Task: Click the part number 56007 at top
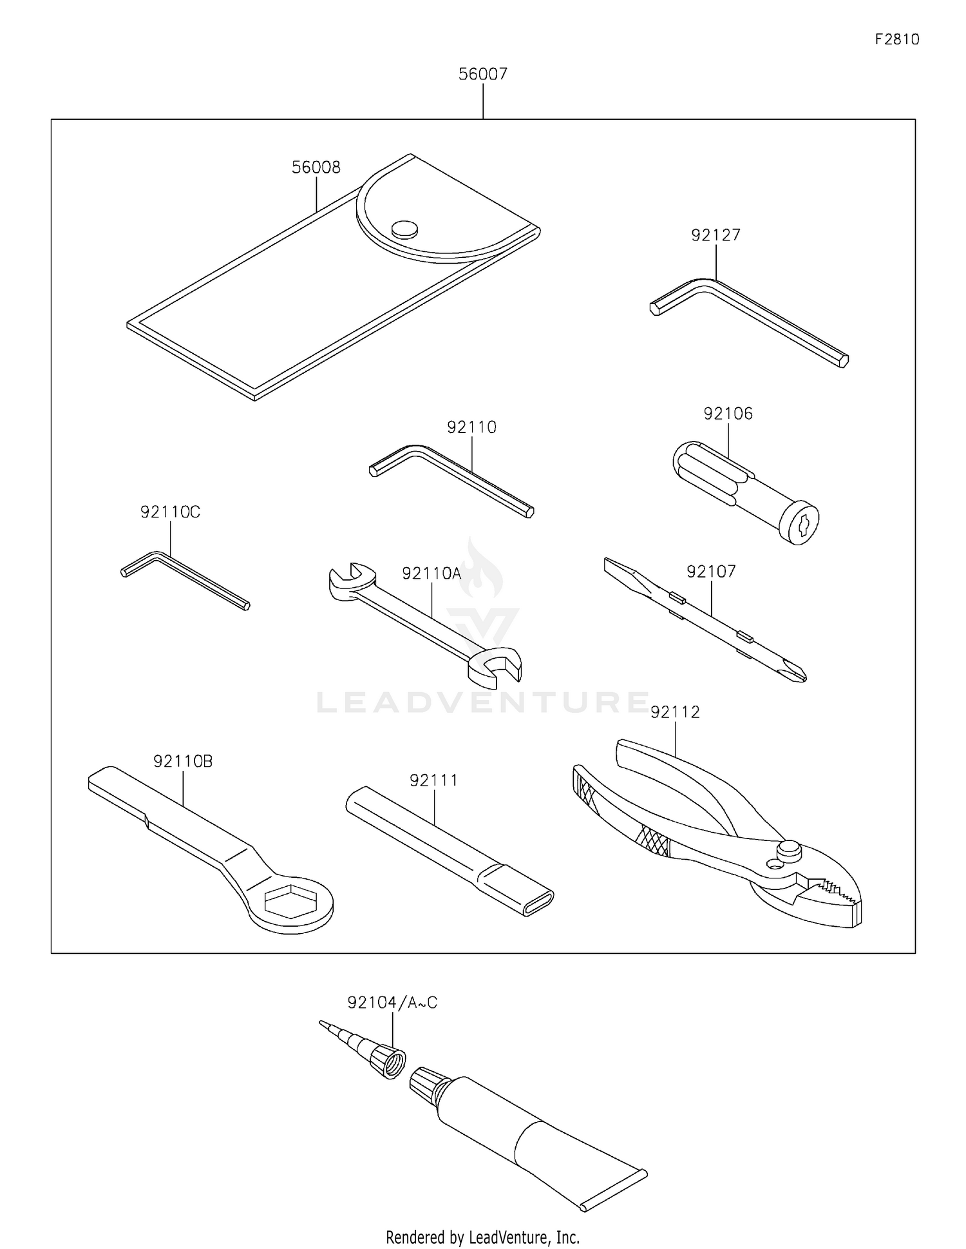[x=482, y=74]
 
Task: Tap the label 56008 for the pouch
[x=316, y=168]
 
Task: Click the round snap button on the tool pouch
[x=404, y=228]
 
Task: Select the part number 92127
[x=715, y=235]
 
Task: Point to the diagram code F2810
[x=896, y=39]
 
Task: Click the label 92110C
[x=170, y=512]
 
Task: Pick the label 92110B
[x=183, y=761]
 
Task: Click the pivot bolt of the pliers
[x=788, y=849]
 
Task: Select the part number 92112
[x=674, y=712]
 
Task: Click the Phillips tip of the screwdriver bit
[x=796, y=673]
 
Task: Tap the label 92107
[x=711, y=572]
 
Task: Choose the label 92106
[x=728, y=414]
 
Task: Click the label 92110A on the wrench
[x=431, y=574]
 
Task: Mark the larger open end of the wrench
[x=495, y=667]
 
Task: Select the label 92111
[x=433, y=780]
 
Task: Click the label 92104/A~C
[x=392, y=1003]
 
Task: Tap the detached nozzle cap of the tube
[x=388, y=1062]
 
